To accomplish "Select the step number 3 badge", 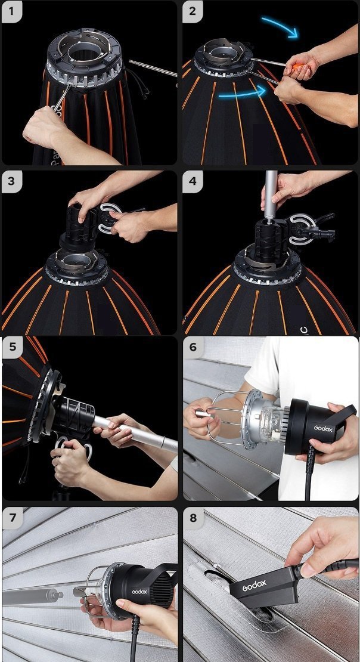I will coord(12,182).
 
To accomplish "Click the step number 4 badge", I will coord(193,182).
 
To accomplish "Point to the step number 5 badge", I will coord(12,348).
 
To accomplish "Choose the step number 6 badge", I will coord(193,348).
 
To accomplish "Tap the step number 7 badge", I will coord(12,518).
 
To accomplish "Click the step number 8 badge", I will coord(193,518).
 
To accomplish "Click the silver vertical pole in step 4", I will coord(271,194).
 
